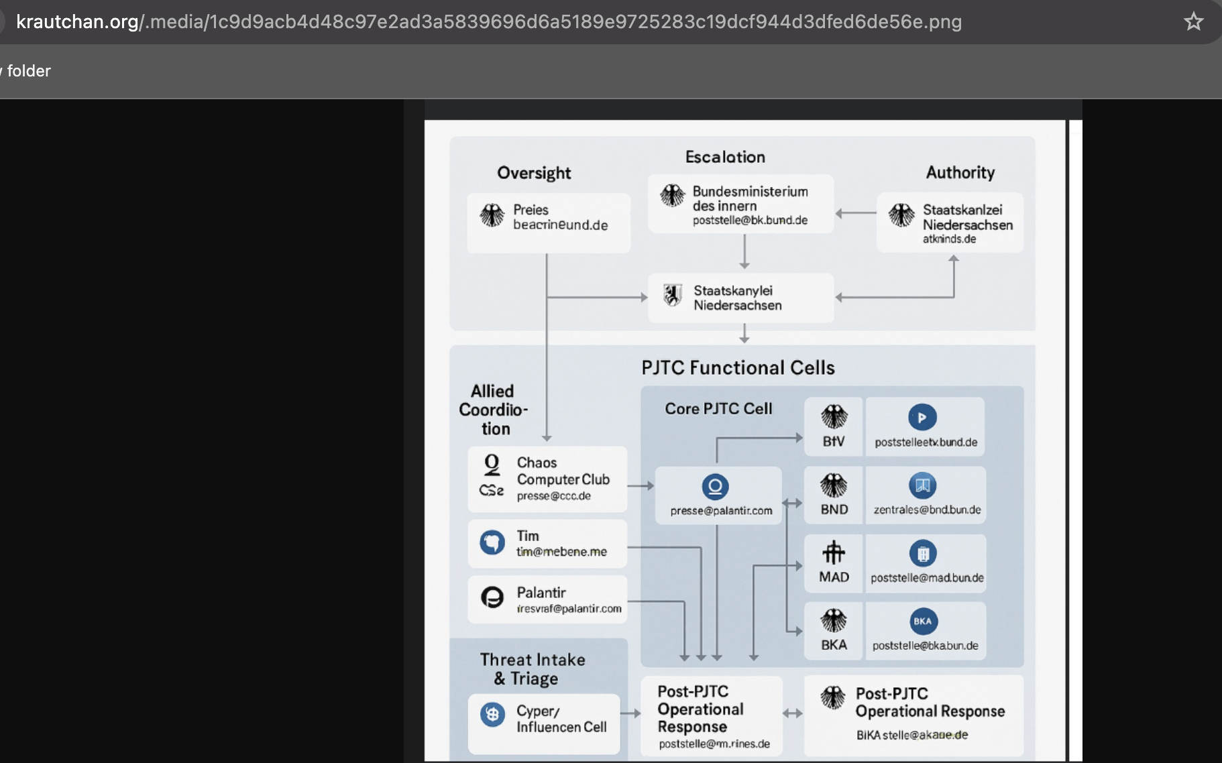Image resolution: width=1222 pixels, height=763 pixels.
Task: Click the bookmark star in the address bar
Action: coord(1193,21)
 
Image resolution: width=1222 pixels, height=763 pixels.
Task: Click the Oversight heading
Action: coord(534,173)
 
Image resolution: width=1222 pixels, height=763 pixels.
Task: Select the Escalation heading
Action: coord(725,157)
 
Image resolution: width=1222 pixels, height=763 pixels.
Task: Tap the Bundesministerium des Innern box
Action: coord(740,204)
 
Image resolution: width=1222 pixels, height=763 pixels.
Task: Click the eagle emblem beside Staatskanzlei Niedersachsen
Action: coord(901,215)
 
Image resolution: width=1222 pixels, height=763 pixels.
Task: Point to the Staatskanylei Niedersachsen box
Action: coord(740,298)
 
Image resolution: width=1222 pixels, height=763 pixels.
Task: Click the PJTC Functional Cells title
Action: coord(738,367)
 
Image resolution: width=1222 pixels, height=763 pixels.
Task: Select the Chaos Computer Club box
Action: coord(547,479)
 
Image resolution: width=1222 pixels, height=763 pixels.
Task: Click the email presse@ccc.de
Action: coord(553,496)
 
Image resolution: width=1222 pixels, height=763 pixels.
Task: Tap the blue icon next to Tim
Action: coord(492,542)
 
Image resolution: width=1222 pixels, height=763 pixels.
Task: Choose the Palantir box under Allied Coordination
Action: coord(547,599)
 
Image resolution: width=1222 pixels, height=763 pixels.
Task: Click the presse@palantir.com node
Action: coord(718,495)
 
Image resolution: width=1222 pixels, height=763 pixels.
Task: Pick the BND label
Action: coord(834,510)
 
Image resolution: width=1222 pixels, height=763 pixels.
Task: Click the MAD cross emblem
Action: coord(834,552)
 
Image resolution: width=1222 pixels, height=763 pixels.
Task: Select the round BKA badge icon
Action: coord(923,622)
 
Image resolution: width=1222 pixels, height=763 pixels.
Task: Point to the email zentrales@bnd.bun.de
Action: coord(927,510)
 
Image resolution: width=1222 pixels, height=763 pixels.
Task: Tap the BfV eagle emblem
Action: coord(834,417)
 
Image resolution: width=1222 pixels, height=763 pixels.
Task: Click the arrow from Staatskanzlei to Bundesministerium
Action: coord(855,213)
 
